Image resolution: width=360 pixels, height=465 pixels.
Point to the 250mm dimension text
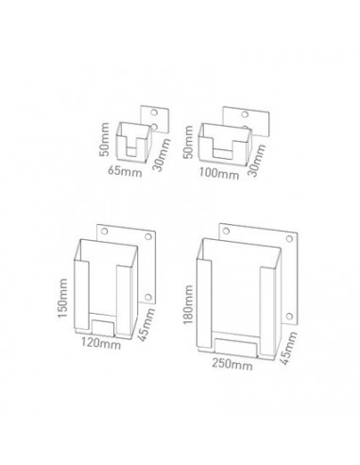coord(230,362)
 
